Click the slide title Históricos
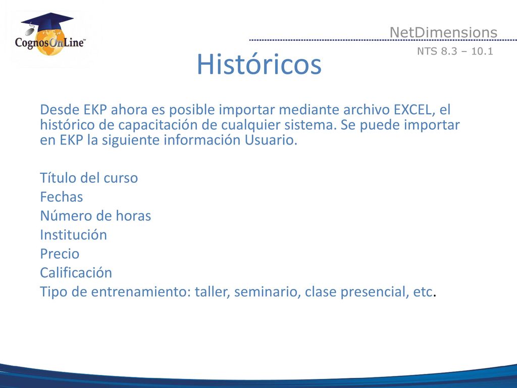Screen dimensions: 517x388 click(x=259, y=64)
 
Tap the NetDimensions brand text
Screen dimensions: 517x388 click(x=443, y=32)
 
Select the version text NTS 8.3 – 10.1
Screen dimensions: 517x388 click(x=455, y=51)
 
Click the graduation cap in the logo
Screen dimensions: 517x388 click(x=47, y=22)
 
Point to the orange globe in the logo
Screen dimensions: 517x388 click(x=50, y=43)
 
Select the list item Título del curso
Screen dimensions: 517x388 click(x=89, y=178)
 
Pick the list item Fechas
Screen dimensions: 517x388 click(x=61, y=197)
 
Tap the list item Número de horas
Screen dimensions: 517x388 click(x=95, y=216)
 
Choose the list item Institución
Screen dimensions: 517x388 click(x=73, y=235)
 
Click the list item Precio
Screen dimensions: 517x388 click(x=60, y=254)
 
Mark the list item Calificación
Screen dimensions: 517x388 click(x=76, y=273)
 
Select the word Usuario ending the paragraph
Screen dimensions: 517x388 click(x=271, y=140)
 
